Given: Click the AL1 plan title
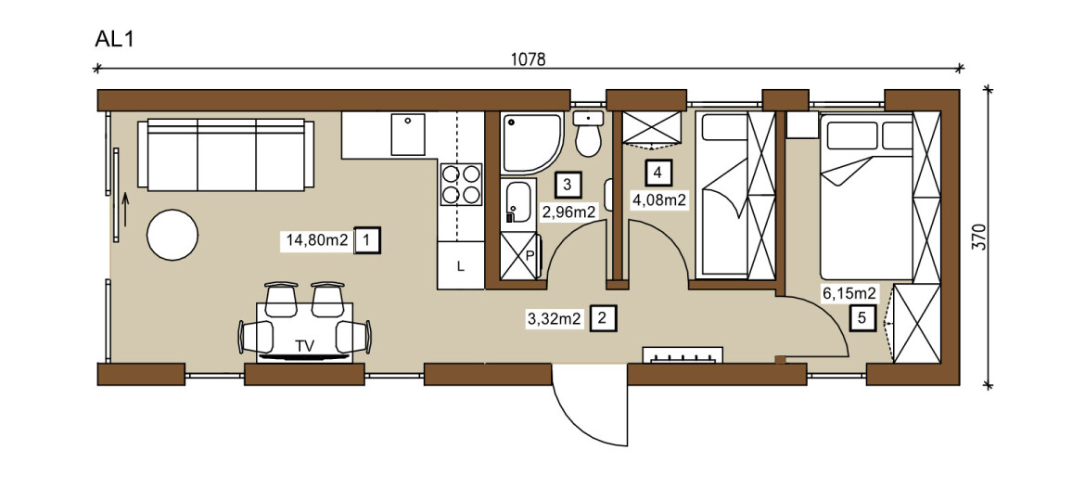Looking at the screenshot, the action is click(113, 39).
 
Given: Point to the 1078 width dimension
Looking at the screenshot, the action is click(529, 59).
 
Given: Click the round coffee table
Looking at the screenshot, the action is click(172, 235).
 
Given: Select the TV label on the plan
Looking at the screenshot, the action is click(304, 347).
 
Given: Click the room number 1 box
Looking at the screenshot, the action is click(366, 241).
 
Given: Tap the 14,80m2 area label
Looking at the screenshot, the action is click(317, 241).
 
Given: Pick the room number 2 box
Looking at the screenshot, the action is click(602, 319).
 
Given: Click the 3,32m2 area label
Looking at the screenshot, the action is click(555, 319).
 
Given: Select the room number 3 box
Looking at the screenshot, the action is click(568, 185).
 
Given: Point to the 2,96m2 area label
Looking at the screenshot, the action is click(568, 212).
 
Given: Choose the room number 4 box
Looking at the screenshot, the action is click(658, 173).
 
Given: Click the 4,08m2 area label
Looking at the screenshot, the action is click(658, 200).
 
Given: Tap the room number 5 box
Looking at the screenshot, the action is click(862, 318).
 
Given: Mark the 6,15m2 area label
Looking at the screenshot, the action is click(849, 293).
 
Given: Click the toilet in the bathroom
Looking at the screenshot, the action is click(588, 134).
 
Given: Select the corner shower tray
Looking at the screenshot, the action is click(531, 143).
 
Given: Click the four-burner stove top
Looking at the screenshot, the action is click(462, 184).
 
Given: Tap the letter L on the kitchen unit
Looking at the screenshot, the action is click(460, 265).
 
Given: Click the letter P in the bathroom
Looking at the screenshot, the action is click(530, 254).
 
